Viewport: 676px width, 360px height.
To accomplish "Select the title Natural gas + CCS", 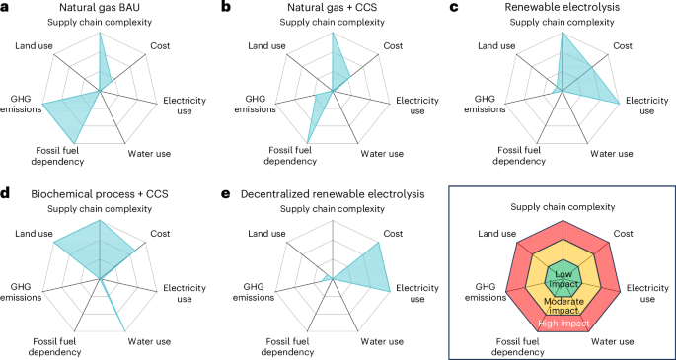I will point(333,7).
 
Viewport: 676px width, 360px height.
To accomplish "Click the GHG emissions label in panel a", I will point(21,104).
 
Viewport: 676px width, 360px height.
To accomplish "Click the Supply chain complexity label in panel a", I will point(99,22).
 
